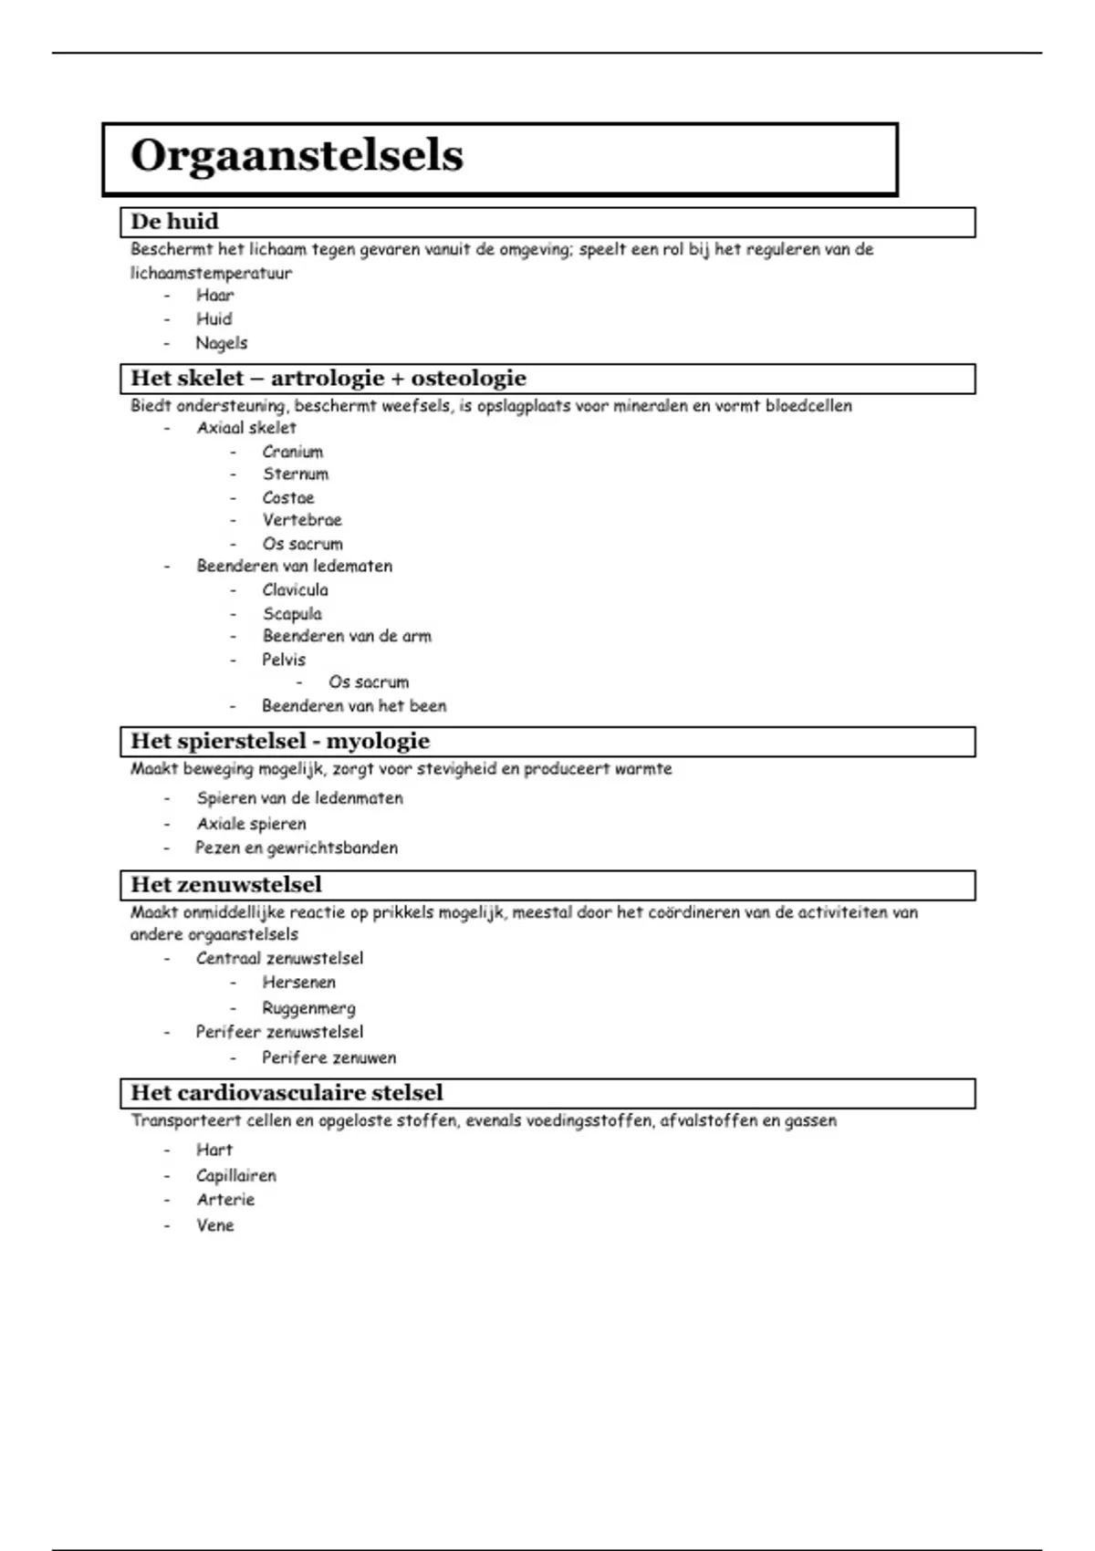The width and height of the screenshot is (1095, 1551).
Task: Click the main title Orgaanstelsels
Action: (x=297, y=156)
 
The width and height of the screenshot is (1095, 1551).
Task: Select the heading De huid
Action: (x=174, y=222)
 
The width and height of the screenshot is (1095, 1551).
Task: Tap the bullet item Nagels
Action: (x=221, y=343)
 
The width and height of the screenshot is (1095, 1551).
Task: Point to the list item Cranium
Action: (x=292, y=452)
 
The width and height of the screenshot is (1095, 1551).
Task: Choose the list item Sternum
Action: (x=295, y=474)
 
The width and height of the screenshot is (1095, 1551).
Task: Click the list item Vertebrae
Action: (x=302, y=520)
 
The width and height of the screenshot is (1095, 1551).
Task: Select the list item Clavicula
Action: (x=295, y=590)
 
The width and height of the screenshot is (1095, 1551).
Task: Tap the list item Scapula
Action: (x=292, y=614)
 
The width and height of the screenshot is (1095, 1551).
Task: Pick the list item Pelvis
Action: (x=284, y=660)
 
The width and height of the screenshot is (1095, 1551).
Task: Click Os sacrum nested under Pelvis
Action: (x=369, y=682)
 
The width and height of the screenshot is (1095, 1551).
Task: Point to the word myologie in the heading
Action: (x=378, y=742)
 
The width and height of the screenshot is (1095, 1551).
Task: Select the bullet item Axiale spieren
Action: (x=251, y=824)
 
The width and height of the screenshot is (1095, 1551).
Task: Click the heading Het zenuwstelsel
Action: (x=226, y=885)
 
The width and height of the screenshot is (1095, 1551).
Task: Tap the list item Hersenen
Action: (x=298, y=983)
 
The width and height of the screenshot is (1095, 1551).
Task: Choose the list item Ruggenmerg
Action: (x=308, y=1008)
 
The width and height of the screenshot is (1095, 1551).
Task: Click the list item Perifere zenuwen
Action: (x=328, y=1058)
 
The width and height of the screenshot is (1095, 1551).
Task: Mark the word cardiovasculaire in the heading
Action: (x=280, y=1093)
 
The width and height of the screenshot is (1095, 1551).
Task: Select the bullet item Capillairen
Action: (x=235, y=1176)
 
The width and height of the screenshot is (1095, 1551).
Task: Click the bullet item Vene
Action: (x=214, y=1225)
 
